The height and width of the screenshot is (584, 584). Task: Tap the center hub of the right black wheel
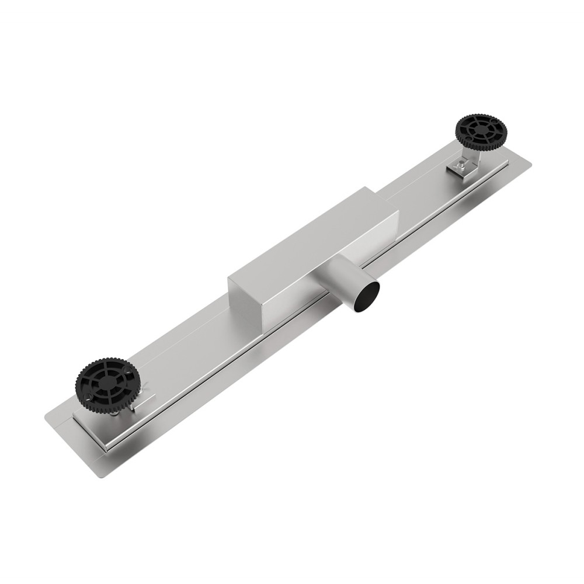(481, 132)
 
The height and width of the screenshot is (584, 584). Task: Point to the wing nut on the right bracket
(461, 169)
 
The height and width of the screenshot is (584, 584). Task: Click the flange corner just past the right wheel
(529, 169)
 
